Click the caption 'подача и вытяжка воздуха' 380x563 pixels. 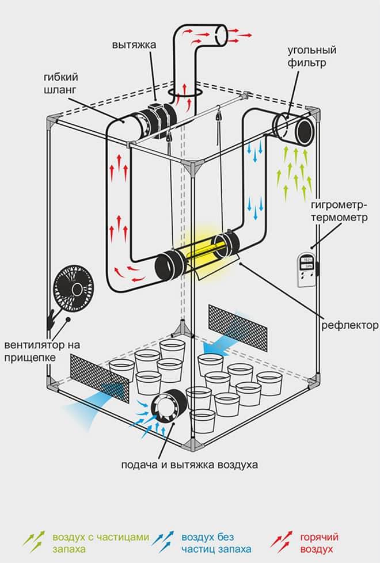pos(189,464)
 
